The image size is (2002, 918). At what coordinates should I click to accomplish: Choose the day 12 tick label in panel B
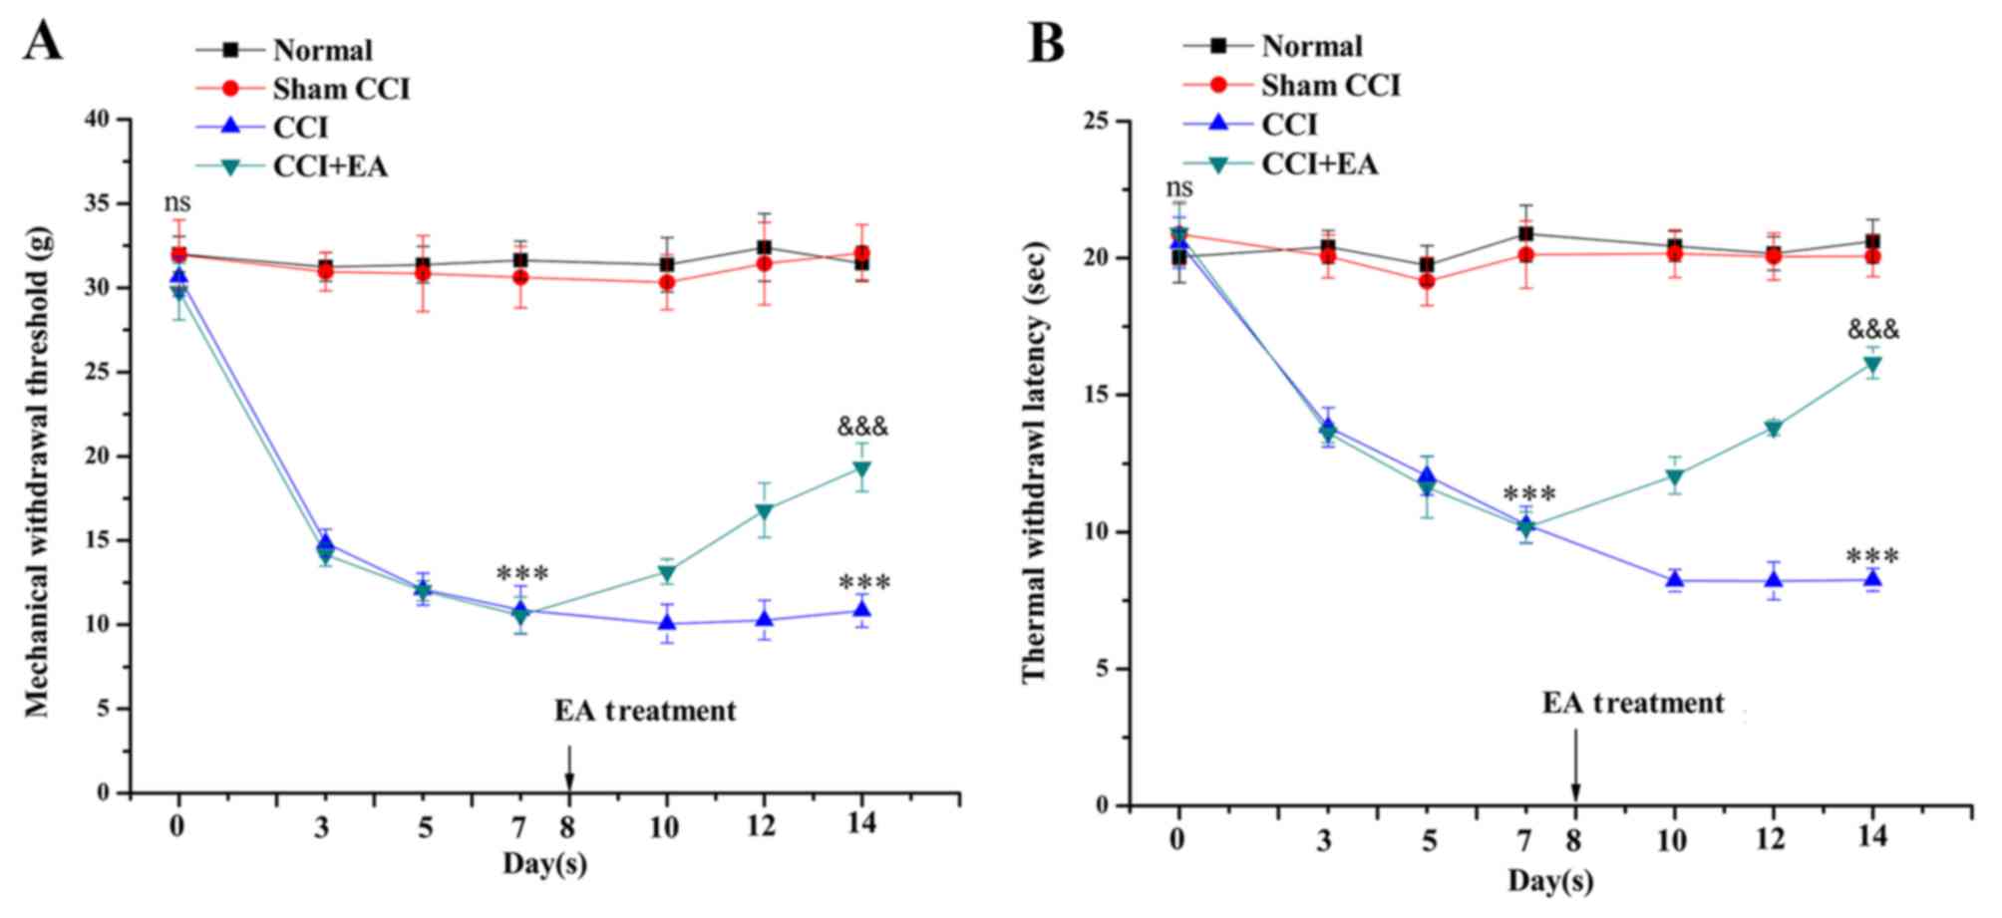pos(1772,839)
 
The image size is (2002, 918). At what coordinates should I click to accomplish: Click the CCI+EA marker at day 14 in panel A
pos(861,469)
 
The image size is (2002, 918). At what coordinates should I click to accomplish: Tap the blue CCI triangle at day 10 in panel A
pos(666,623)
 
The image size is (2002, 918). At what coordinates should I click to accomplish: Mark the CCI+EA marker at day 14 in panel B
pos(1872,365)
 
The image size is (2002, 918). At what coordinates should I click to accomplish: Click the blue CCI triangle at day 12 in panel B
pos(1774,580)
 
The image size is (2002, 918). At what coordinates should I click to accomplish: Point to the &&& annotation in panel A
pos(862,428)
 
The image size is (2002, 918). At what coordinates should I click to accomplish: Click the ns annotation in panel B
pos(1178,187)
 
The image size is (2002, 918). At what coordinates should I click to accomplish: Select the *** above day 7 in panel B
pos(1528,494)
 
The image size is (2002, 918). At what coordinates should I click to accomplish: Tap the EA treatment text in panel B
pos(1633,704)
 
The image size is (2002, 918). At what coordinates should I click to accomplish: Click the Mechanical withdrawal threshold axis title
pos(38,470)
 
